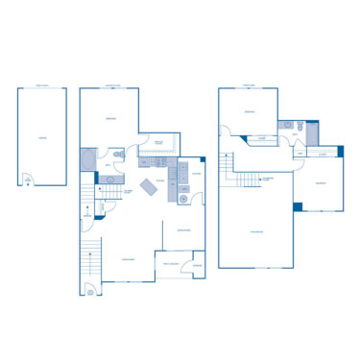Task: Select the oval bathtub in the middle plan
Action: pyautogui.click(x=89, y=158)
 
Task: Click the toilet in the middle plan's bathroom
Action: pyautogui.click(x=118, y=154)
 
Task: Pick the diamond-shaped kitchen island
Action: pyautogui.click(x=151, y=186)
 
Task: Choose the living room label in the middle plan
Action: pyautogui.click(x=127, y=258)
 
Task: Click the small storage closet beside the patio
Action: pyautogui.click(x=197, y=265)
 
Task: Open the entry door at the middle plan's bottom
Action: pyautogui.click(x=92, y=290)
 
